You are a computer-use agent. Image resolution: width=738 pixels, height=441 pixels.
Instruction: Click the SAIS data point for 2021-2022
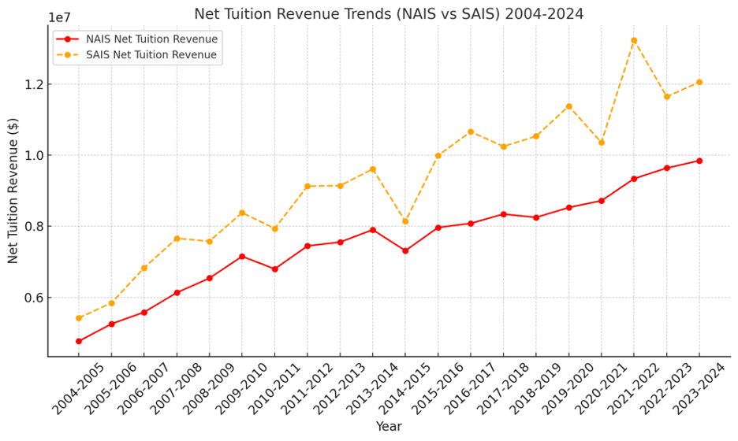coord(634,40)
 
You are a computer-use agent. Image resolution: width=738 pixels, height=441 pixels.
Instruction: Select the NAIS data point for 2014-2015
coord(405,251)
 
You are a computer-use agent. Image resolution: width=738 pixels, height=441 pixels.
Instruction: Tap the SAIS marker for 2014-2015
coord(405,221)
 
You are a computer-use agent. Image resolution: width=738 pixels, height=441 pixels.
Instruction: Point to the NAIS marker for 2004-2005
coord(79,341)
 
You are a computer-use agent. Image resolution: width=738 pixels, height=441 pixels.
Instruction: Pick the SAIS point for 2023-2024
coord(699,82)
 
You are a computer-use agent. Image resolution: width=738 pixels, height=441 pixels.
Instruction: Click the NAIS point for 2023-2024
coord(699,161)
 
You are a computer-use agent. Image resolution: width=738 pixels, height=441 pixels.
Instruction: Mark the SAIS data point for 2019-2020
coord(569,106)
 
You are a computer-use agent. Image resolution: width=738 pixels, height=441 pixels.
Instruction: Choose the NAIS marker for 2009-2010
coord(242,256)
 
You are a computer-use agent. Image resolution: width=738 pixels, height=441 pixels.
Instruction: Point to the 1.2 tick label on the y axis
coord(32,84)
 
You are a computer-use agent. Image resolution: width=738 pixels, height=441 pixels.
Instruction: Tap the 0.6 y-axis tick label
coord(32,298)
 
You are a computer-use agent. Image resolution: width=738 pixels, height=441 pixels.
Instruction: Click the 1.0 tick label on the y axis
coord(32,156)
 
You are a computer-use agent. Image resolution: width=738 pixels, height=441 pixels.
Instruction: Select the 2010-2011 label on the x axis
coord(274,389)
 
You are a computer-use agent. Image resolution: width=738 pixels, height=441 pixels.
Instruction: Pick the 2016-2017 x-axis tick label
coord(470,389)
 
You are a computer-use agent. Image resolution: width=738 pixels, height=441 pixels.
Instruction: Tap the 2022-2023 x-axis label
coord(666,389)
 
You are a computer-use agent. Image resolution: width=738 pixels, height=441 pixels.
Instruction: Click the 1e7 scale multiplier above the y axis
coord(60,18)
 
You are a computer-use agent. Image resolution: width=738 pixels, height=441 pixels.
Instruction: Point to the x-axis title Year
coord(389,426)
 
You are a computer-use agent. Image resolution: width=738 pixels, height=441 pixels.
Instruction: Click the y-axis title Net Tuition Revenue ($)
coord(13,191)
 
